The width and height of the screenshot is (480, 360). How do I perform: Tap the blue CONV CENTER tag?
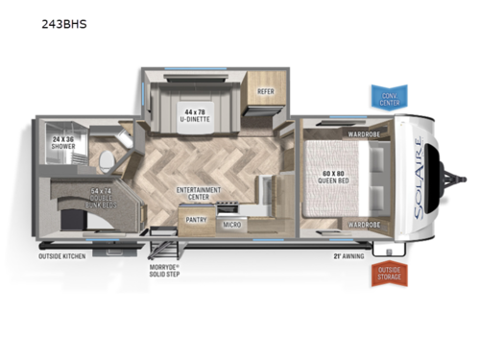(x=389, y=97)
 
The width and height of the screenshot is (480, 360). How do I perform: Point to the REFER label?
(x=264, y=92)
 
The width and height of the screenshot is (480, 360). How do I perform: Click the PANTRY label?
(x=199, y=219)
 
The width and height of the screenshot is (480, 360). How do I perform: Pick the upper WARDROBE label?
(x=365, y=133)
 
